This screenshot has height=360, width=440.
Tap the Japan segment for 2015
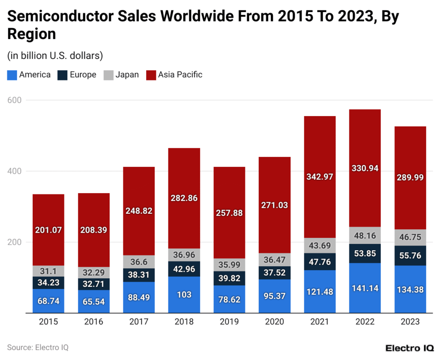point(49,271)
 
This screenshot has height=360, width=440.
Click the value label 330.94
point(365,168)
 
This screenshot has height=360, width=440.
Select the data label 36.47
point(275,259)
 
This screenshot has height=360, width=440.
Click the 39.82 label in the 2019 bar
point(229,278)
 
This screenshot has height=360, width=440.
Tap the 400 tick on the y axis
point(17,171)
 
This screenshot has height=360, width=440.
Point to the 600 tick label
point(17,100)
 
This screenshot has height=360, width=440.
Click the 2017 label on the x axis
point(139,322)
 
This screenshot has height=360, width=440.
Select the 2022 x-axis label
point(365,322)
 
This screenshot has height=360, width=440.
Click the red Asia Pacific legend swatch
point(151,75)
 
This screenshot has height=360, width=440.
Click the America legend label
point(35,75)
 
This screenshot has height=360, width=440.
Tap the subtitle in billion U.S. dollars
point(55,55)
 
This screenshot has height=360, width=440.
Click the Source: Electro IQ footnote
point(38,347)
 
